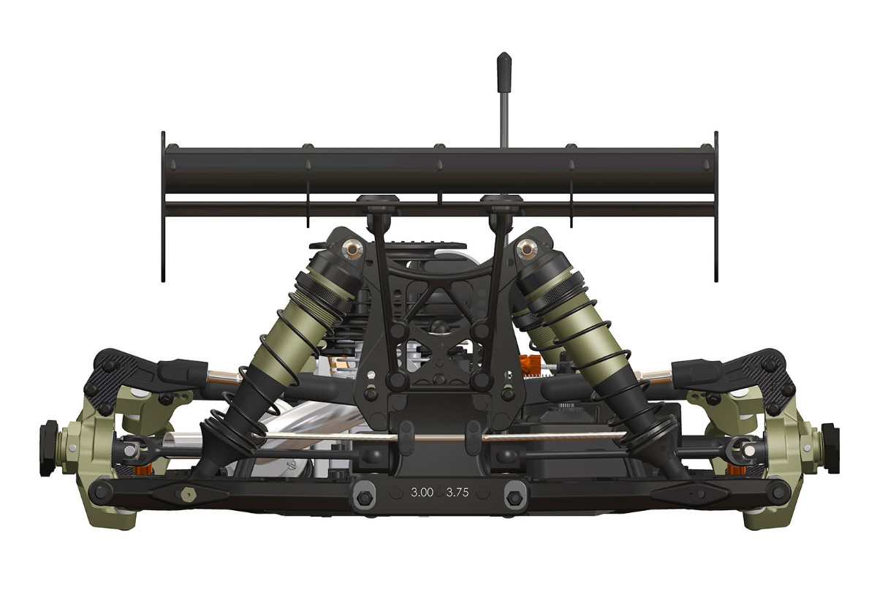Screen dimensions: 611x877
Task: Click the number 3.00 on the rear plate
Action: tap(422, 492)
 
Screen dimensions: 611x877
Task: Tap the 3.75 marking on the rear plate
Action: tap(457, 492)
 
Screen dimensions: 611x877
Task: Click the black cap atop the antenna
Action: tap(504, 66)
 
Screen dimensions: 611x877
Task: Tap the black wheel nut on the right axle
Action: tap(828, 436)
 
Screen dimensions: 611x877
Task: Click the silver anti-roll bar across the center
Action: tap(438, 437)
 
